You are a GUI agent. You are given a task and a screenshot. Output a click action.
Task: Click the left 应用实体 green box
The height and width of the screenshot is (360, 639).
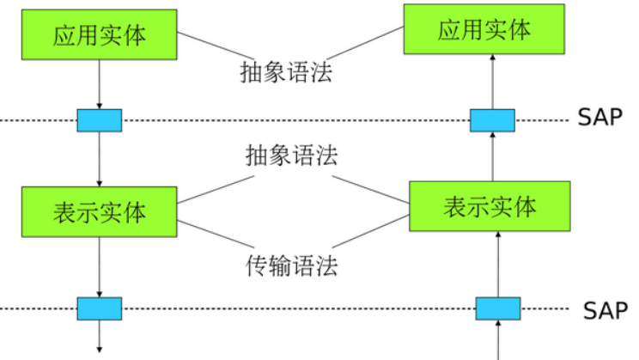100,35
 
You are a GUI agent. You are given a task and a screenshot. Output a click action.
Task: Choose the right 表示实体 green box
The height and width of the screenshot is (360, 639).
490,206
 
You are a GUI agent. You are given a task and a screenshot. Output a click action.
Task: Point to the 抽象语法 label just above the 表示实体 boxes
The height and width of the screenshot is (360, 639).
291,156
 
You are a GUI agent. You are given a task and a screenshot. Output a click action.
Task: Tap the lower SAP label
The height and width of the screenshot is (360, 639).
606,309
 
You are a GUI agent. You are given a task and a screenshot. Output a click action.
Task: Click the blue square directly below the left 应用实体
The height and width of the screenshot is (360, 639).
100,120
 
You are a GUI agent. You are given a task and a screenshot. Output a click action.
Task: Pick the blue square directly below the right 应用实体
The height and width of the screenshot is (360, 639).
492,120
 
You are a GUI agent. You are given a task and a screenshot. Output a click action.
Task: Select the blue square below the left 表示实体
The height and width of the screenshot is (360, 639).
100,308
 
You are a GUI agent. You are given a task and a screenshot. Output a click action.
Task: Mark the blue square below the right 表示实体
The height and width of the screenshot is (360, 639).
497,308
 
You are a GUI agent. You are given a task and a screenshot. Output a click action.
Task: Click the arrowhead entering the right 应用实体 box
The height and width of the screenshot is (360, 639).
492,58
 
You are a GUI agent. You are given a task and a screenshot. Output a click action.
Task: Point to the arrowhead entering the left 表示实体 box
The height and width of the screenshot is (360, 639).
100,182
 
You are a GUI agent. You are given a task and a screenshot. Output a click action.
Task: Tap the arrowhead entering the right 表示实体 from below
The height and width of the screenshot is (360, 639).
498,235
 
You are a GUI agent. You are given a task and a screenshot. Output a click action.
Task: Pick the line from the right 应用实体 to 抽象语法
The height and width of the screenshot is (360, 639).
369,44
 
